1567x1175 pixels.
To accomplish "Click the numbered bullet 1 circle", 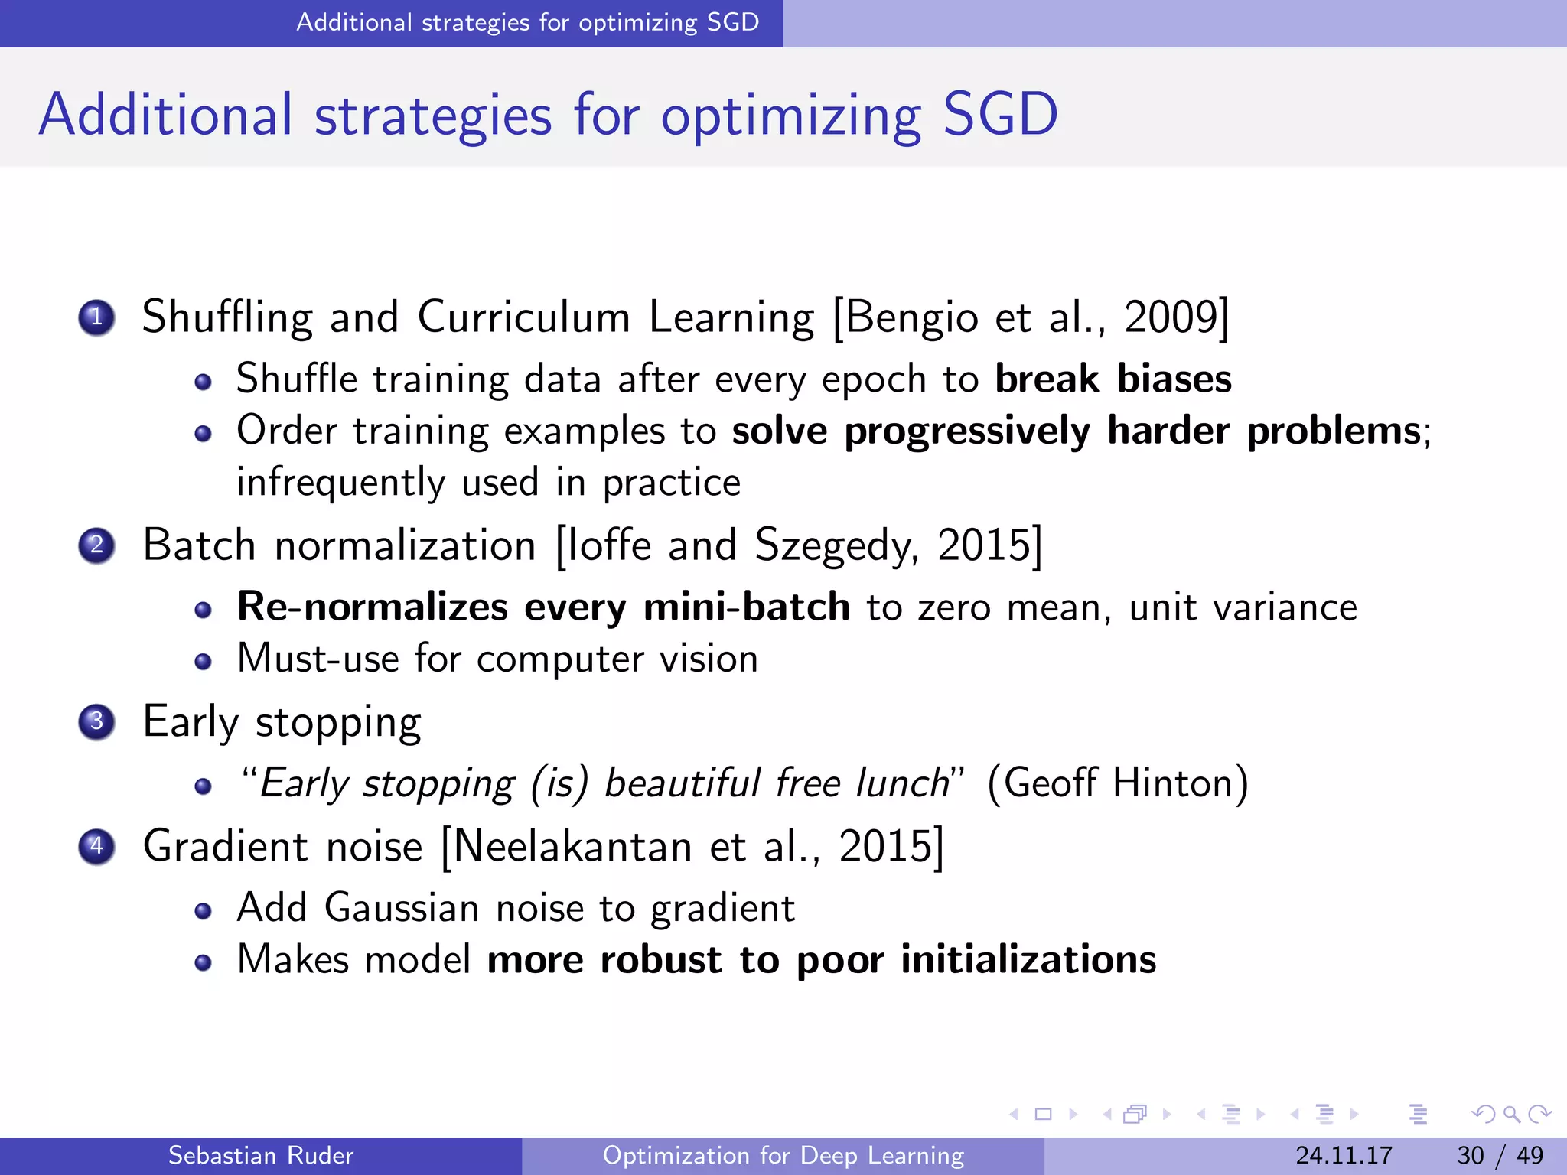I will point(96,317).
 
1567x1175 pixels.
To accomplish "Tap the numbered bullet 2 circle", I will point(96,545).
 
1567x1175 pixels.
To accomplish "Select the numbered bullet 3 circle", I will point(96,721).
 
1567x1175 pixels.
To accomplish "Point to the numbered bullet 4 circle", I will point(96,847).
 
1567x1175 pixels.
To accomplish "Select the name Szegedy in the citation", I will point(836,546).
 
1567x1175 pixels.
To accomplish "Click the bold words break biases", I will point(1113,379).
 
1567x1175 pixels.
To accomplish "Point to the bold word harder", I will point(1168,431).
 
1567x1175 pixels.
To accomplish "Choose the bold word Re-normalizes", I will point(373,607).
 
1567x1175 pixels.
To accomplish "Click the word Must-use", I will point(318,659).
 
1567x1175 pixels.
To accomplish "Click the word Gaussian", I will point(402,908).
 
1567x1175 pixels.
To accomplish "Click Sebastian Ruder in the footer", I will point(260,1155).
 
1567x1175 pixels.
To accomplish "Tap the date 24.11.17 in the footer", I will point(1344,1155).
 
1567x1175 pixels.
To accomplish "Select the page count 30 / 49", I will point(1500,1155).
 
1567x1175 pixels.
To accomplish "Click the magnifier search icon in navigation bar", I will point(1511,1115).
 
